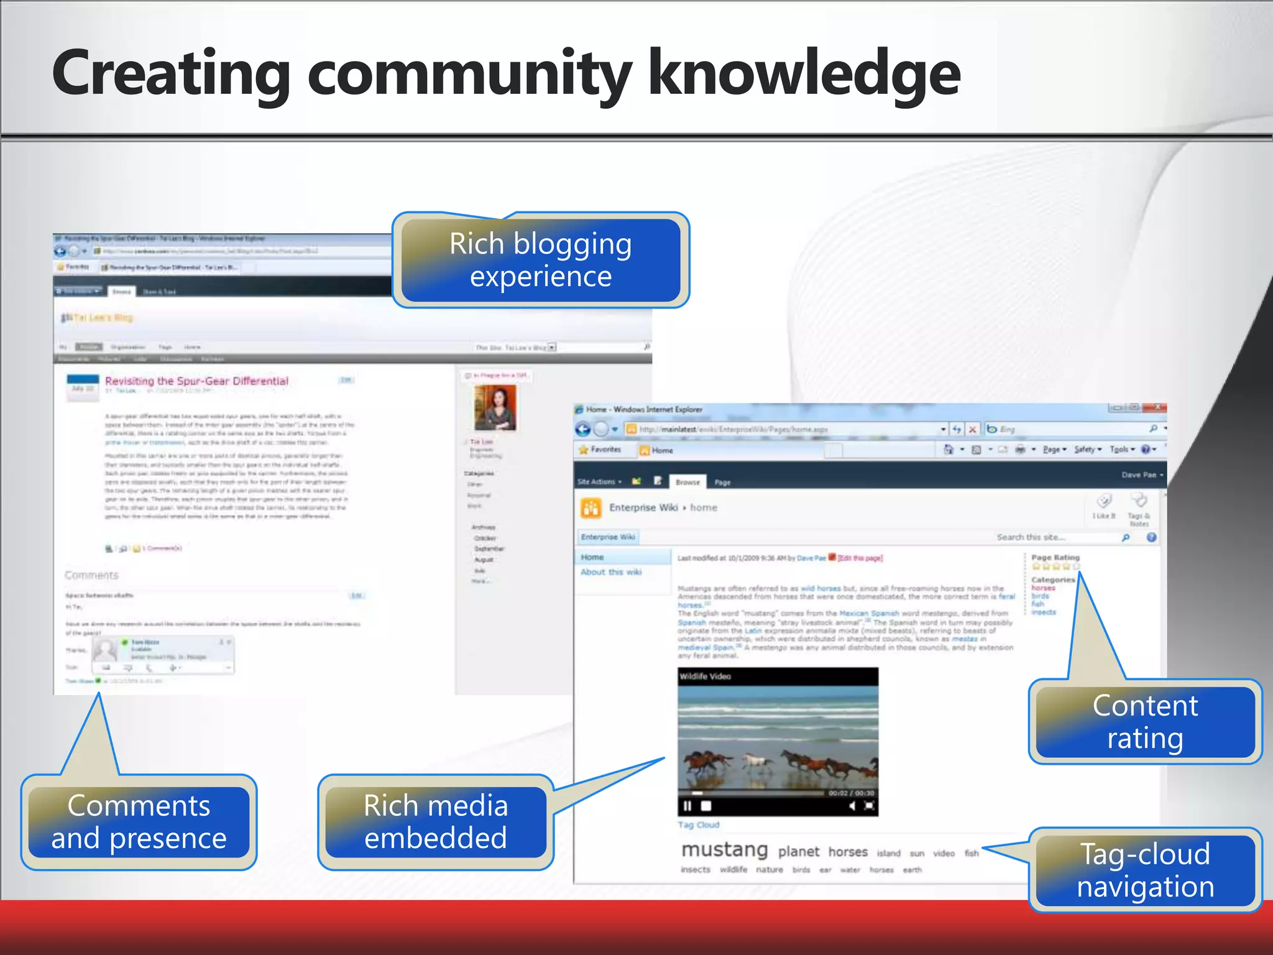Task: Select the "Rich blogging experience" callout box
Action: coord(541,260)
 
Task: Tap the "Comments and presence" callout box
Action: coord(139,821)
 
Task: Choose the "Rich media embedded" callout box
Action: coord(436,821)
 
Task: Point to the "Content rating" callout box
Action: coord(1145,722)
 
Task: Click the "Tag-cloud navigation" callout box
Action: coord(1145,870)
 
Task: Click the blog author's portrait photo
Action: coord(495,407)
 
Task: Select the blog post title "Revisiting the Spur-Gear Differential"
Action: coord(196,381)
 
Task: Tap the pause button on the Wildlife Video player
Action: coord(687,806)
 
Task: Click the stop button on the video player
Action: coord(706,806)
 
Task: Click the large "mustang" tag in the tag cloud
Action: coord(725,849)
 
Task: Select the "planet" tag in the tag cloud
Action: coord(798,851)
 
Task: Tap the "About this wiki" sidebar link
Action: coord(611,572)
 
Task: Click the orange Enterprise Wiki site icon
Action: coord(591,508)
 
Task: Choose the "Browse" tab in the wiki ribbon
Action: coord(687,482)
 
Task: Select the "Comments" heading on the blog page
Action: coord(91,575)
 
